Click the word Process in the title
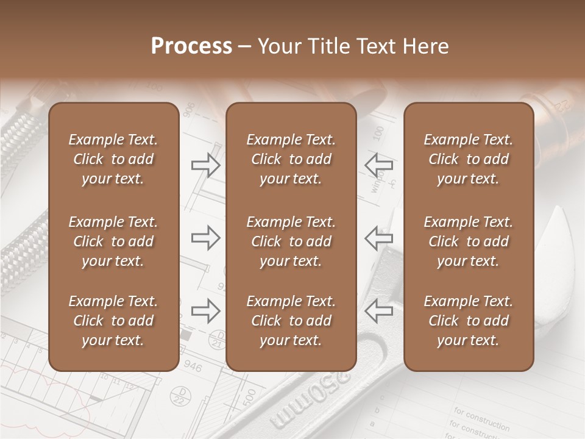191,46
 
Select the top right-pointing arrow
206,165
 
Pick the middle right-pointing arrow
206,238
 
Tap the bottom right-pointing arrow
206,311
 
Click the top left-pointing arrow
379,165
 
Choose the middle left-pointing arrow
379,238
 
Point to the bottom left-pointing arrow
379,311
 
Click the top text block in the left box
113,159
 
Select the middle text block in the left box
113,241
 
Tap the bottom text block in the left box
113,321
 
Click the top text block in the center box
291,159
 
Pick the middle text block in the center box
291,241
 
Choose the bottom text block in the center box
291,321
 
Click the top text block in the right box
468,159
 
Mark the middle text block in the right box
468,241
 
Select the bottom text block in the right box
468,321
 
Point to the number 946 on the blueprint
193,366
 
